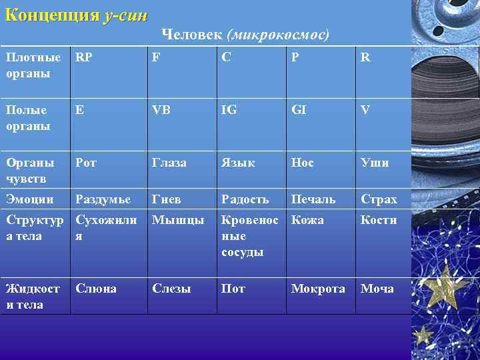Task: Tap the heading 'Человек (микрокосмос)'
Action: [245, 34]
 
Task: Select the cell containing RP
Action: [84, 58]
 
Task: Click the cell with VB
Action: [161, 110]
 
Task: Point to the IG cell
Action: [230, 110]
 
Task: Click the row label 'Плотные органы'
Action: [29, 65]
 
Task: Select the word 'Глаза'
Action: [169, 163]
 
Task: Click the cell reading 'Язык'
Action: [238, 163]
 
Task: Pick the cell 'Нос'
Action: [301, 163]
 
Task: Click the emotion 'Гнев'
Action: [166, 199]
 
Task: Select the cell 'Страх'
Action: [379, 199]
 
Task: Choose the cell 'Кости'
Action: [379, 220]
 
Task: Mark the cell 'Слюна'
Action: [96, 289]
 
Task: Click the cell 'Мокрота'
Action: [317, 289]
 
